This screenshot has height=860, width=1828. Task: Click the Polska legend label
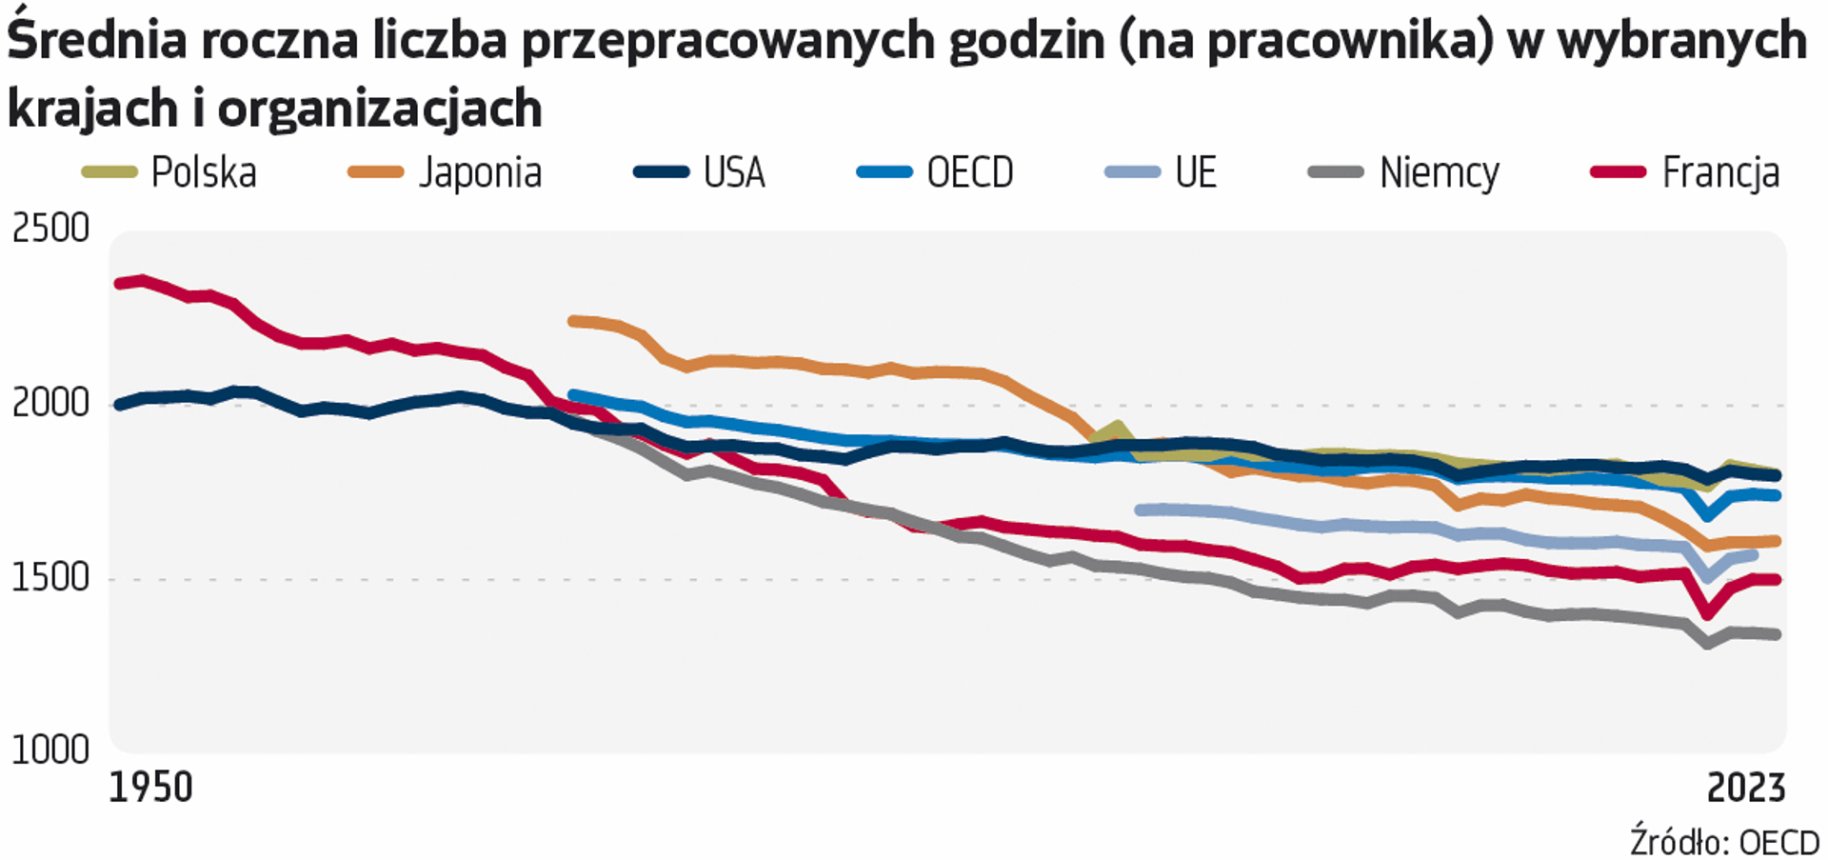[204, 173]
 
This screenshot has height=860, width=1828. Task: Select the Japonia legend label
[480, 173]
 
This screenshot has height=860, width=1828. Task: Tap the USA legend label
[734, 173]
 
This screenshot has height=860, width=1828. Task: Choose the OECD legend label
[970, 173]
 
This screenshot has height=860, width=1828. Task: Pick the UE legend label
[1196, 173]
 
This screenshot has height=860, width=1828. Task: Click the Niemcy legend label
[1440, 173]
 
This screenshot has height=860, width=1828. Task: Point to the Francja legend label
[1720, 173]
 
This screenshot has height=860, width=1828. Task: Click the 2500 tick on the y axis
[50, 229]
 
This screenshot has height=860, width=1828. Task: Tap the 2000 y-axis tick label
[50, 404]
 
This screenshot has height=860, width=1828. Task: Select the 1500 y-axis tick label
[50, 578]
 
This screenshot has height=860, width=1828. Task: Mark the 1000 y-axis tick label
[50, 750]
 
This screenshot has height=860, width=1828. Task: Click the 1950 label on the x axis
[150, 789]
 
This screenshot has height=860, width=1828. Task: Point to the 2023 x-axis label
[1745, 789]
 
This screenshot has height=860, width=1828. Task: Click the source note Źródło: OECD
[1724, 843]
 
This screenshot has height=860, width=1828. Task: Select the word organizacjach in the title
[380, 108]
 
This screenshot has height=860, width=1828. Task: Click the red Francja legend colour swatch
[1619, 172]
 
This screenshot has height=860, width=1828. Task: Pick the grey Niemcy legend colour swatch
[1336, 172]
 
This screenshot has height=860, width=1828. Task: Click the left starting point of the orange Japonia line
[572, 321]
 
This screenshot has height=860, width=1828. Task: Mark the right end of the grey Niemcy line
[1776, 634]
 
